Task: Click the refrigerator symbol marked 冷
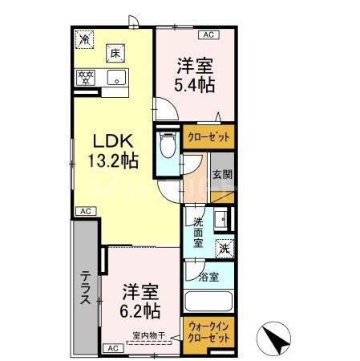pos(85,37)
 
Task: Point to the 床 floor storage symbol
pos(114,53)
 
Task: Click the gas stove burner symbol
pos(85,78)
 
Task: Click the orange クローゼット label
pos(208,137)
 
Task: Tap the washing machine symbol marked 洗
pos(225,248)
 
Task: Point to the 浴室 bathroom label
pos(208,278)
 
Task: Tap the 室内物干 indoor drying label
pos(148,335)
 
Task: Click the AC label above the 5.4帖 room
pos(208,35)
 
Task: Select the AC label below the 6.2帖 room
pos(112,347)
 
